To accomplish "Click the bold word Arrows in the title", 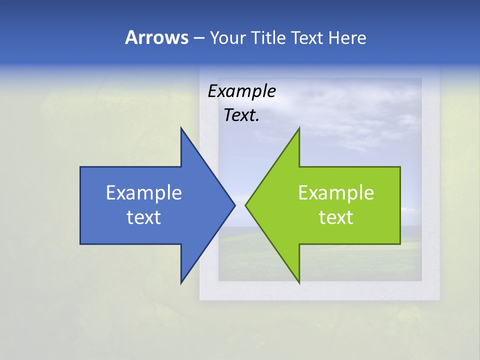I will pyautogui.click(x=156, y=37).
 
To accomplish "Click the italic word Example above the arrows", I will pyautogui.click(x=241, y=91).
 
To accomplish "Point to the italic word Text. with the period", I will pyautogui.click(x=241, y=115).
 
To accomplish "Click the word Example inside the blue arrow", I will pyautogui.click(x=144, y=193).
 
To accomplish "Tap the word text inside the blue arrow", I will pyautogui.click(x=144, y=217).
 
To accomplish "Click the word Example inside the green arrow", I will pyautogui.click(x=336, y=193).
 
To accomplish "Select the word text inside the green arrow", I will pyautogui.click(x=336, y=217).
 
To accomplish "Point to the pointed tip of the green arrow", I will pyautogui.click(x=246, y=205).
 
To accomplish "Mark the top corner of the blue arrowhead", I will pyautogui.click(x=181, y=128).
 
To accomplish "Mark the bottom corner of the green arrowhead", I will pyautogui.click(x=299, y=282).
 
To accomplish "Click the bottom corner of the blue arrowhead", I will pyautogui.click(x=181, y=282).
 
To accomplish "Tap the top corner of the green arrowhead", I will pyautogui.click(x=299, y=128).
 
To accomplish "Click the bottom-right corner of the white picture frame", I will pyautogui.click(x=439, y=299).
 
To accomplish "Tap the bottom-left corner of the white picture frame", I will pyautogui.click(x=200, y=299).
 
